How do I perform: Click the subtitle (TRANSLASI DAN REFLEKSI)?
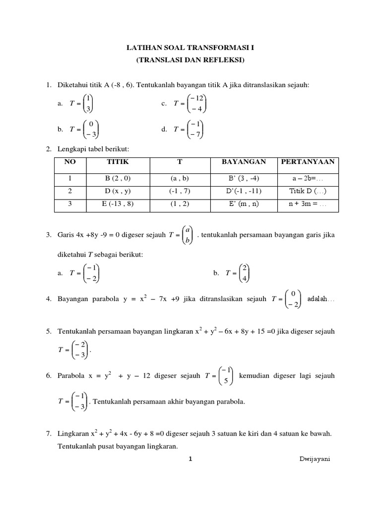(190, 60)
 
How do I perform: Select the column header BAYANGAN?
(244, 162)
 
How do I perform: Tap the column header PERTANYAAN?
(308, 162)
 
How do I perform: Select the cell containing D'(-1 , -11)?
(244, 191)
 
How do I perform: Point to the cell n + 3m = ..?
(308, 203)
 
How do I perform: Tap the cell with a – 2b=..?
(308, 178)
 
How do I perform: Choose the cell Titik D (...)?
(308, 191)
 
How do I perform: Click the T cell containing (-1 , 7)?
(180, 191)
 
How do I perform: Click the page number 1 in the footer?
(190, 458)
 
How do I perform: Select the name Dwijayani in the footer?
(315, 458)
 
